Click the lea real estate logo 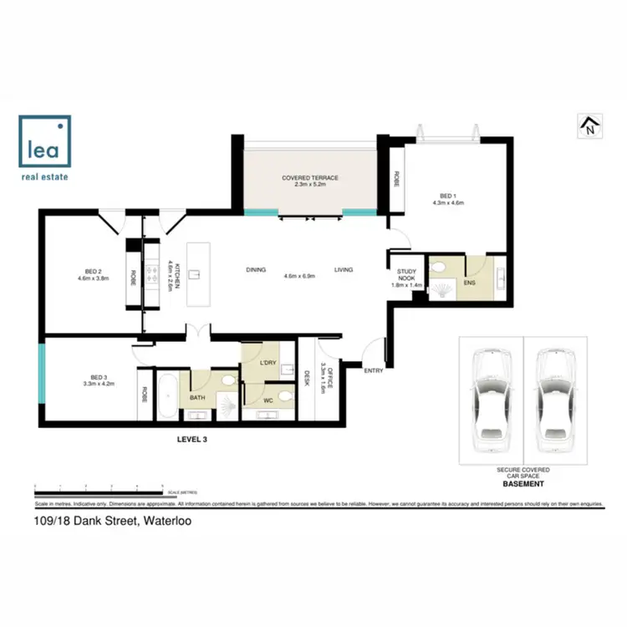point(45,148)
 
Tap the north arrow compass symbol point(590,126)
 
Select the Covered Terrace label point(308,180)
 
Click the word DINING point(256,270)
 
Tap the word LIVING point(344,270)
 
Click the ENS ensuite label point(472,283)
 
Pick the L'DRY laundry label point(268,363)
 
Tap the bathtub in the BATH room point(166,396)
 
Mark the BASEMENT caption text point(523,484)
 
